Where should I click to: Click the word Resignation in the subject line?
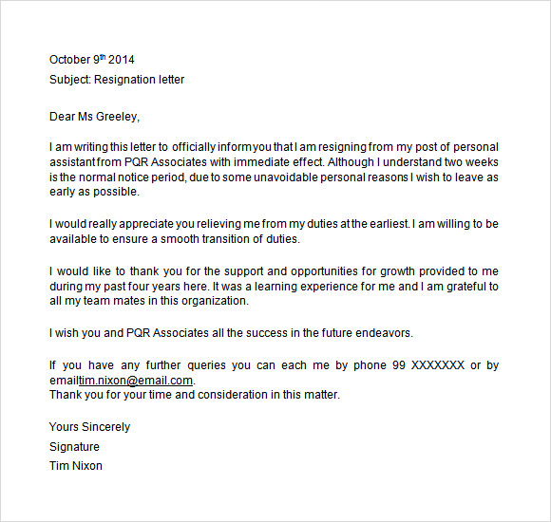pyautogui.click(x=129, y=80)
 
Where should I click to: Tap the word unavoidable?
pyautogui.click(x=261, y=177)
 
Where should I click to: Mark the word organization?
pyautogui.click(x=217, y=301)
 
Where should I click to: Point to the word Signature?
pyautogui.click(x=74, y=446)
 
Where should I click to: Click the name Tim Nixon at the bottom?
pyautogui.click(x=76, y=466)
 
